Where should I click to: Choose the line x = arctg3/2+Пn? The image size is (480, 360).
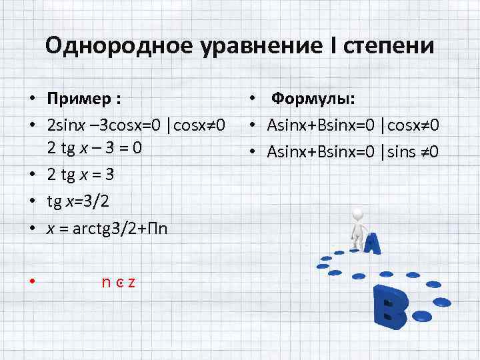(107, 229)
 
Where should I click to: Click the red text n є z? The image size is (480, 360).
(119, 281)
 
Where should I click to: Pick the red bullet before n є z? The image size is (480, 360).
(31, 281)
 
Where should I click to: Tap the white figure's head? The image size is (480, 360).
(359, 215)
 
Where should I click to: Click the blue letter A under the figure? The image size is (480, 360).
(371, 245)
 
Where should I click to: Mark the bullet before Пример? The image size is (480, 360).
(31, 100)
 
